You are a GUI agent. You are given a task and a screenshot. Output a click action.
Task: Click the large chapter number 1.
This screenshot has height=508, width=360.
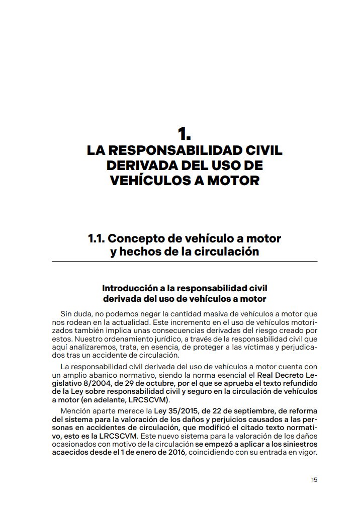[x=184, y=134]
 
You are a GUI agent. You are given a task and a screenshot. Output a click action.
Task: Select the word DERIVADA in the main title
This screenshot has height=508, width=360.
[x=146, y=165]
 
